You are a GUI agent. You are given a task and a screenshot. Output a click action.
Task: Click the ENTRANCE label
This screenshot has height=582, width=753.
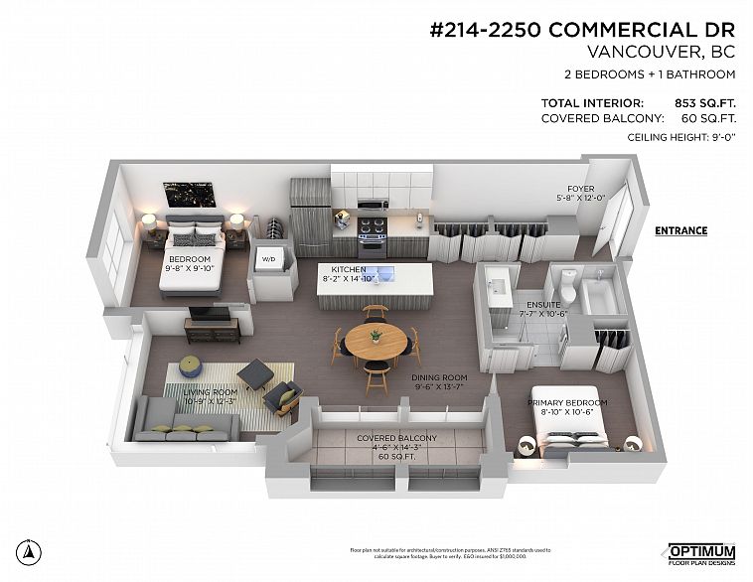point(680,231)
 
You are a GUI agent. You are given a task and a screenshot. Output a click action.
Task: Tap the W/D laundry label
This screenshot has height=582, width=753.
point(268,260)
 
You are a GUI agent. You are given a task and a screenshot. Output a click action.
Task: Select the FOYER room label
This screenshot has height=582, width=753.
point(580,188)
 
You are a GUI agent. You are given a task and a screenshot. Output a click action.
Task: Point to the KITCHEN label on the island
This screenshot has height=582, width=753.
point(349,270)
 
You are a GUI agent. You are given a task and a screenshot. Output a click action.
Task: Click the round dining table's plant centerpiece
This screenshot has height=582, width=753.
point(376,335)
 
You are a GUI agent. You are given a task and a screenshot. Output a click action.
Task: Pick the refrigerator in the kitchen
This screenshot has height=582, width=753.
point(310,218)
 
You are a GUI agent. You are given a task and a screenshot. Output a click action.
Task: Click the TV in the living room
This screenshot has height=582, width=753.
point(210,315)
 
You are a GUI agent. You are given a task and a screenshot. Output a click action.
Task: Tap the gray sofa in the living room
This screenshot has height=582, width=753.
point(186,420)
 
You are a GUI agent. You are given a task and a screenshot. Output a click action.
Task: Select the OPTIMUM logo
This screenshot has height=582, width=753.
point(700,552)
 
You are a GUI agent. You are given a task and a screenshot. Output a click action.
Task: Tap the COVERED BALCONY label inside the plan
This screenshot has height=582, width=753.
point(396,438)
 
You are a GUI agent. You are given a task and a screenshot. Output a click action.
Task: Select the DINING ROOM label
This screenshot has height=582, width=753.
point(438,377)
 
